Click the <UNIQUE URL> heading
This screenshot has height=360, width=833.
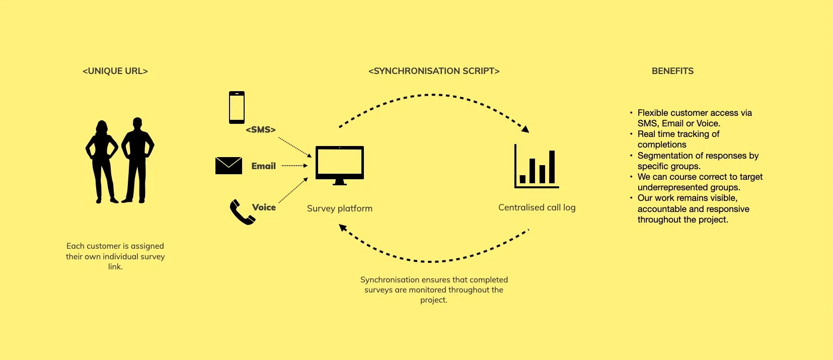pos(115,71)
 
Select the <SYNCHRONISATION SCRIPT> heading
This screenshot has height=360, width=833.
pos(434,71)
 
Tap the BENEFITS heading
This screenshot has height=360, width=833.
pos(672,71)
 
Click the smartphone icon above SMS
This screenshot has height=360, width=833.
pos(237,107)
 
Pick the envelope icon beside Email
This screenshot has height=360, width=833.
pos(229,166)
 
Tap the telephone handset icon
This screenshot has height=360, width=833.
pos(242,212)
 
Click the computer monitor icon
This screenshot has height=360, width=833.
pos(340,164)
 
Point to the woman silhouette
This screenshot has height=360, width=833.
pos(102,161)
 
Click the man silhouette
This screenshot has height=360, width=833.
pos(137,160)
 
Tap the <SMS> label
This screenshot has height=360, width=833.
pos(261,130)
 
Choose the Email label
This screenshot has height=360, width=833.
pos(264,166)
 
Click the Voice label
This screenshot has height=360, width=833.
pos(264,207)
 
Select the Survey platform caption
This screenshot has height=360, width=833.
pos(340,208)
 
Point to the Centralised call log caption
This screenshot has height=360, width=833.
pos(537,207)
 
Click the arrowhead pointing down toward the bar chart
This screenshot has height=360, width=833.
pos(525,129)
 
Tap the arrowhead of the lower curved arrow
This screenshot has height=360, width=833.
pos(343,228)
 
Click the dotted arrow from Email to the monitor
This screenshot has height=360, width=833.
pos(294,166)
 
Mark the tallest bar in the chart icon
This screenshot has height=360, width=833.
pos(552,167)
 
